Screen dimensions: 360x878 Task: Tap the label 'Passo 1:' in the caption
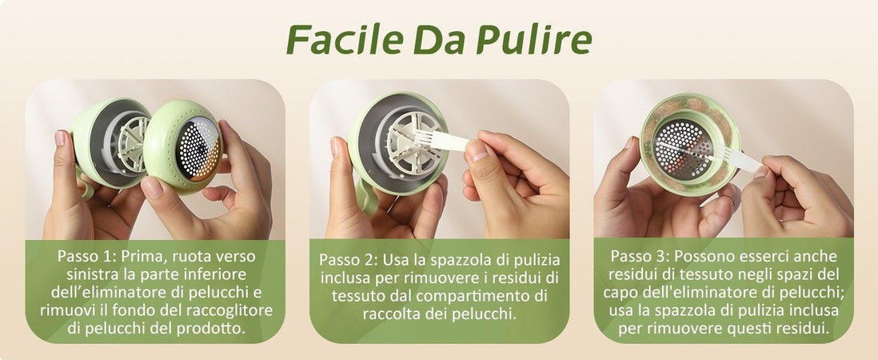86,257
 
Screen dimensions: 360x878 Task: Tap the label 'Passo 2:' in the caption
347,261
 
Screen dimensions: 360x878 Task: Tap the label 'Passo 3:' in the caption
639,257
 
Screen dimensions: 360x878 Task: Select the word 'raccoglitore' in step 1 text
229,310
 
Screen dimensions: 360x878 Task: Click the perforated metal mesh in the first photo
198,149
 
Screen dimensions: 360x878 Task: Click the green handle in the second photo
366,197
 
